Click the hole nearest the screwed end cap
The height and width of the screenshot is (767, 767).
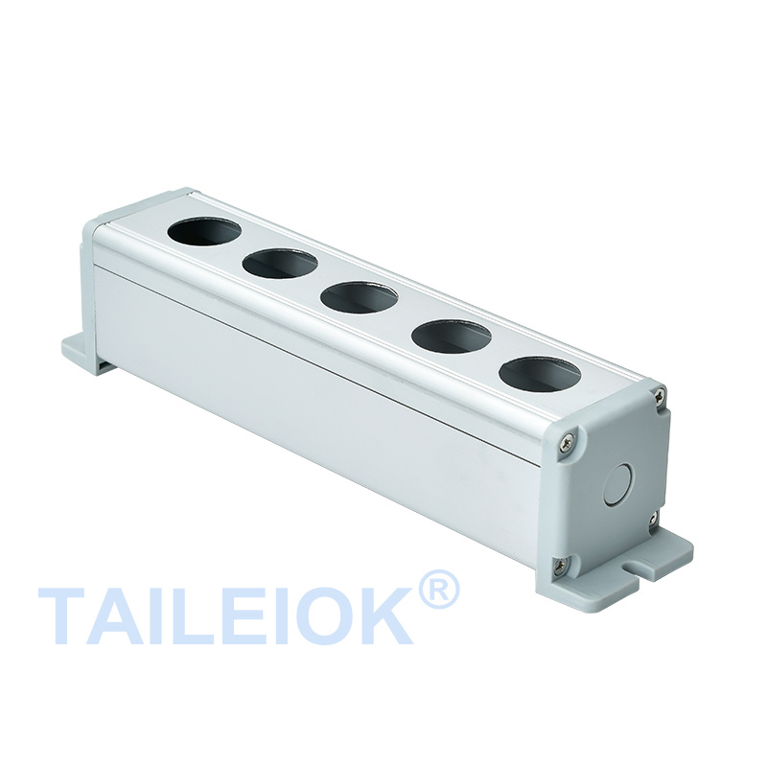coord(540,375)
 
